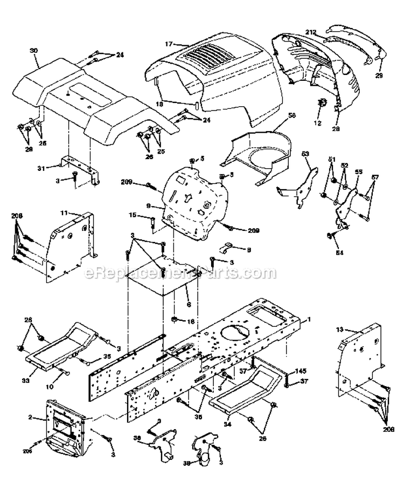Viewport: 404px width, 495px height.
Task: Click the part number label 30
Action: (x=34, y=50)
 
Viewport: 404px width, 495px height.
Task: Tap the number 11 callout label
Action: (x=62, y=214)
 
